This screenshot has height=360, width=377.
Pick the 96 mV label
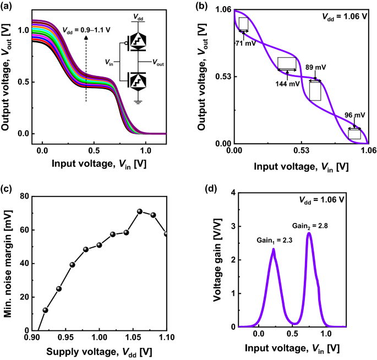click(x=354, y=115)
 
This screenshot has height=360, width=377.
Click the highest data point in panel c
click(x=140, y=211)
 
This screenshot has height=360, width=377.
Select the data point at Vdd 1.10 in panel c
click(x=166, y=234)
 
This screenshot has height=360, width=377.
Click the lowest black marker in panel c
click(x=46, y=310)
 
